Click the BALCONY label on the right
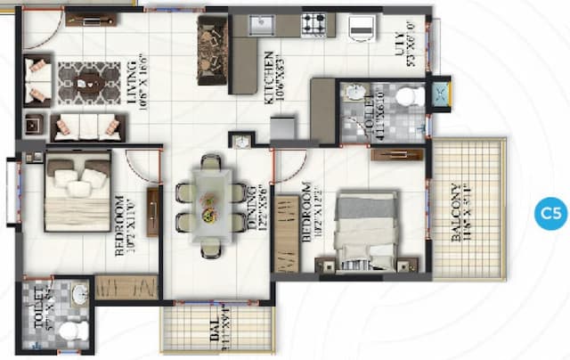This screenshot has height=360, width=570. (x=455, y=214)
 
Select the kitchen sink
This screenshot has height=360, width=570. (x=262, y=24)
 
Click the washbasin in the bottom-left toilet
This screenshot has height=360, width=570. (x=79, y=294)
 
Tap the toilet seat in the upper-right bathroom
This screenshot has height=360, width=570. (x=410, y=95)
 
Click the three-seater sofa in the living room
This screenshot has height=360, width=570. (x=85, y=127)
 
